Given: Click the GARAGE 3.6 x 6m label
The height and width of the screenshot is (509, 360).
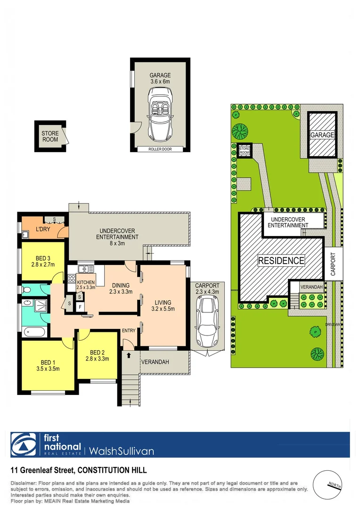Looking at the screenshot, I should click(160, 78).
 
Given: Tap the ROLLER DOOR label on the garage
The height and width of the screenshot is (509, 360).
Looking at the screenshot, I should click(160, 149).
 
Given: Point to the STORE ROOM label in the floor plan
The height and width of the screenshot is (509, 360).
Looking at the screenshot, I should click(50, 137).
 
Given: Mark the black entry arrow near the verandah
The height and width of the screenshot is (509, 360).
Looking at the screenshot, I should click(129, 355).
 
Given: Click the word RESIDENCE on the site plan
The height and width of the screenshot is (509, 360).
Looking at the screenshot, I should click(281, 260).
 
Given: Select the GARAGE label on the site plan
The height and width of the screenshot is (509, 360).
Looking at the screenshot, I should click(322, 135).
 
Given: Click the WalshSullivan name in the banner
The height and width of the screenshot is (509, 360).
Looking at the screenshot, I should click(119, 451).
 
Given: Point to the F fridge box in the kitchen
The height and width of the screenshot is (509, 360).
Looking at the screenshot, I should click(80, 307).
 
